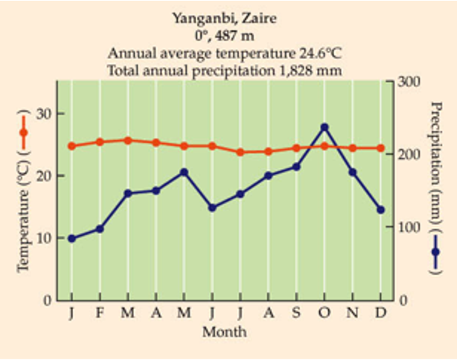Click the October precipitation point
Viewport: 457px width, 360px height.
tap(325, 127)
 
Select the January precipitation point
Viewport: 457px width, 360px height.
tap(71, 239)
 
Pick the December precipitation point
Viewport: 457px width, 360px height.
tap(380, 210)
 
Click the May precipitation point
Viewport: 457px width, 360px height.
tap(184, 172)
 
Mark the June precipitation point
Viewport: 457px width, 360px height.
tap(212, 208)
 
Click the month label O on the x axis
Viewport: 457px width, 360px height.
tap(325, 312)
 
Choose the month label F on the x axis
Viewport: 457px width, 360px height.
tap(100, 312)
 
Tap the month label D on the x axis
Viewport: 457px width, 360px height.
tap(380, 312)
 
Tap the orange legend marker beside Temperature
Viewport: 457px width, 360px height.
tap(23, 132)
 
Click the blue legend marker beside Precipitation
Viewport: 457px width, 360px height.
tap(435, 251)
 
